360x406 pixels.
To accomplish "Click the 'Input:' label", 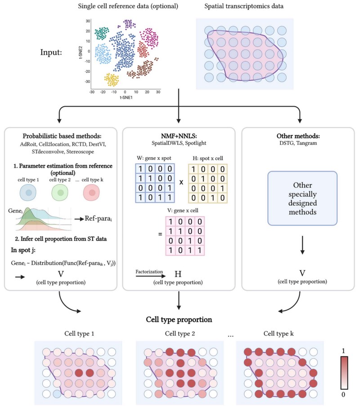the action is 51,52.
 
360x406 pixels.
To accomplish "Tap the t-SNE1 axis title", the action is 126,98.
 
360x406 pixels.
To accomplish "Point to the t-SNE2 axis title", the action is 81,53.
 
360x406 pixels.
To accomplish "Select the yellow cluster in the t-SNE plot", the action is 112,80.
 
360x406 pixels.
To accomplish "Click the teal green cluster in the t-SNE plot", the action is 101,33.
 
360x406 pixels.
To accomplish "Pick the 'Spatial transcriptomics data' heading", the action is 244,6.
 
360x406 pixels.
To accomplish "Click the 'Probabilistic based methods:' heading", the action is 62,136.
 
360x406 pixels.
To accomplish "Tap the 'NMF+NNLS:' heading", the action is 179,136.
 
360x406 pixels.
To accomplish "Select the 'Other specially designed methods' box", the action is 302,198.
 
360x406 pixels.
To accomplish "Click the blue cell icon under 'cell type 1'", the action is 28,193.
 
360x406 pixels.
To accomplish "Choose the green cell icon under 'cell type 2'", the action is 60,193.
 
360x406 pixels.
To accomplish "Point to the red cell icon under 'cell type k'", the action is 91,193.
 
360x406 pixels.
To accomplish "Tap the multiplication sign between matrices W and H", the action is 181,182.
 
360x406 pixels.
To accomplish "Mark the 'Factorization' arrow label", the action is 149,271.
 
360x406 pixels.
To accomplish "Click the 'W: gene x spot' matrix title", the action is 154,158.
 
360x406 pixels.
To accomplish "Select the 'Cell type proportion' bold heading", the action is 179,320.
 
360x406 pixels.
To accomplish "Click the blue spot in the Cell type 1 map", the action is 57,394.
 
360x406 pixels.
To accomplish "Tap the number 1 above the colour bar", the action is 343,351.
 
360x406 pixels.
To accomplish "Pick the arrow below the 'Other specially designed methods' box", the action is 302,245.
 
